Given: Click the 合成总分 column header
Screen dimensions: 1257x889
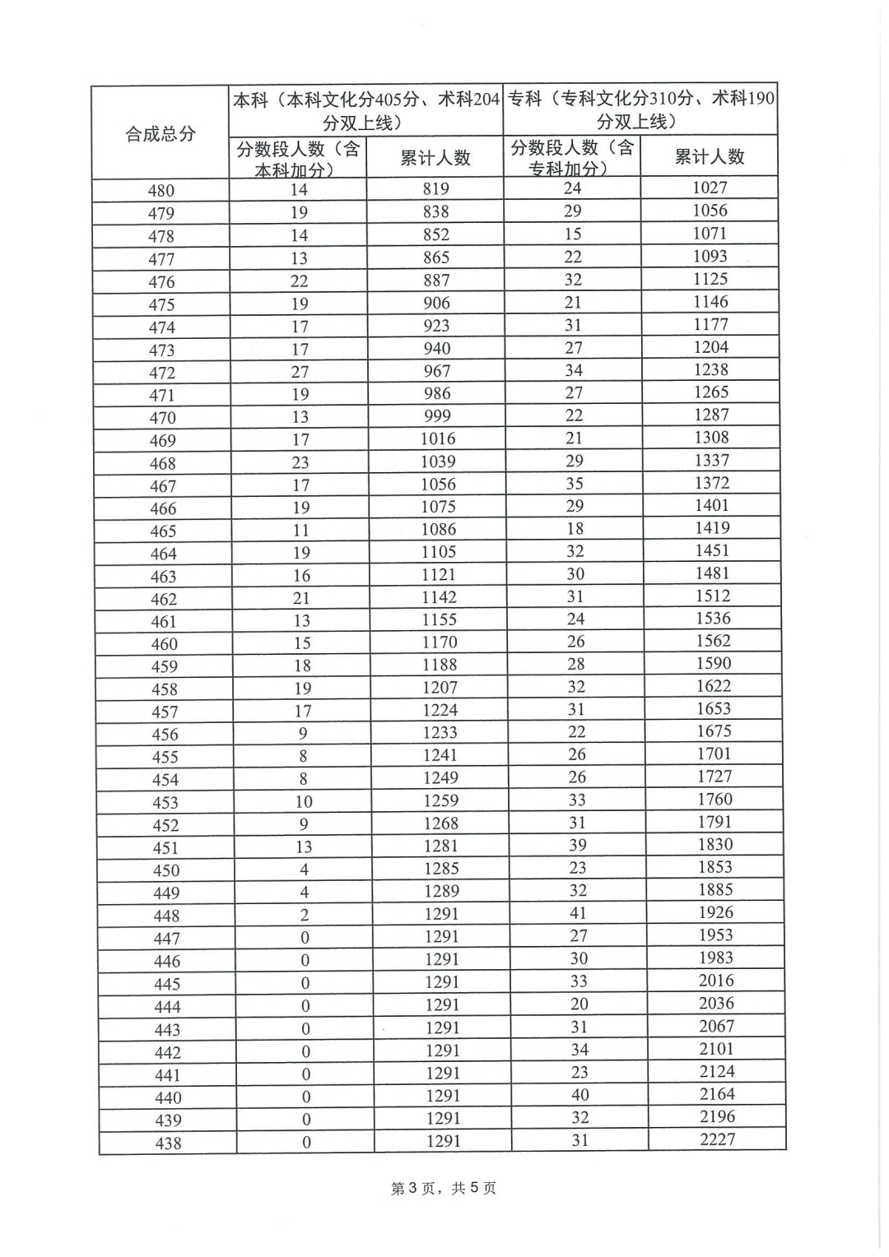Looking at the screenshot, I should coord(161,133).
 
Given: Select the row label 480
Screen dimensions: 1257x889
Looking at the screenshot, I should coord(161,191).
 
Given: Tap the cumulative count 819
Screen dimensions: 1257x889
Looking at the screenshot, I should coord(435,189).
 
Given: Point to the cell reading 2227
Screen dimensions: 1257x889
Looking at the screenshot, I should coord(717,1139).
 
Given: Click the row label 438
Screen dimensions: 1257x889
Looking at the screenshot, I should coord(168,1143).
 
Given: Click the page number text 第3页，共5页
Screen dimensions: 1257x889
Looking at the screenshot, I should coord(444,1188).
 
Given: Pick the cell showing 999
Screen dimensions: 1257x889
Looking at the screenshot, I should coord(437,416).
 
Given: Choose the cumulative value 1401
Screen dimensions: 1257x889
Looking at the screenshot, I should coord(712,505).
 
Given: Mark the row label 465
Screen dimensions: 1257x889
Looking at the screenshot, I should coord(163,531).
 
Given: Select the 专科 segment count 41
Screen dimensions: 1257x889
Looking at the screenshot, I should coord(578,912).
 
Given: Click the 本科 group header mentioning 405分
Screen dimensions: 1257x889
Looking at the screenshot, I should coord(365,110).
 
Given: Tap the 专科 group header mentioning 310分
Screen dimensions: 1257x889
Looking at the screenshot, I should coord(640,109).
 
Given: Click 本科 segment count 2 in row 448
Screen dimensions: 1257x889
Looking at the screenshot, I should coord(305,915).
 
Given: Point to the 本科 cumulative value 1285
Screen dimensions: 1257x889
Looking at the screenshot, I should coord(442,868).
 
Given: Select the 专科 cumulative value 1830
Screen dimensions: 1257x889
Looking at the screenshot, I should coord(714,844).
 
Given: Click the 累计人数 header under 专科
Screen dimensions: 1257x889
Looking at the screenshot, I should coord(709,156).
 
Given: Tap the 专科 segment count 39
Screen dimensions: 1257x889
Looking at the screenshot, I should coord(578,845).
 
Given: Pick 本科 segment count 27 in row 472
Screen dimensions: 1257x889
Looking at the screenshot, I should coord(300,372).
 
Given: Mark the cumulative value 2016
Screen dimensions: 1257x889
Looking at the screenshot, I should coord(716,980).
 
